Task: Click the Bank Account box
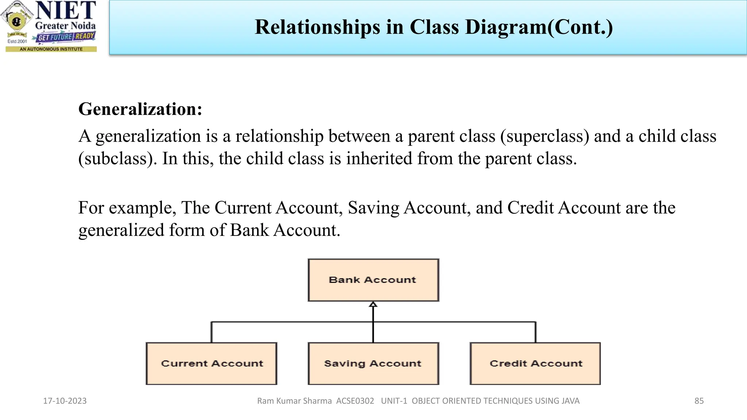(373, 280)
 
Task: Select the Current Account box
(212, 363)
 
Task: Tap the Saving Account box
(373, 363)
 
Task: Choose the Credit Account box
(535, 363)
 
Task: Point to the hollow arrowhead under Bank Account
(373, 304)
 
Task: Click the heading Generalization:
(140, 109)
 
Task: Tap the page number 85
(699, 401)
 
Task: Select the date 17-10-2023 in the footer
(65, 401)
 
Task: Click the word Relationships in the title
(317, 27)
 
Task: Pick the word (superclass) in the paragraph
(545, 136)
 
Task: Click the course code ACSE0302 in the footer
(355, 401)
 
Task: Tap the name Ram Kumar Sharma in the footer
(294, 401)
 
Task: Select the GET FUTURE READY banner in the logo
(66, 37)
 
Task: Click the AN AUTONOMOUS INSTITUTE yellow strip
(51, 49)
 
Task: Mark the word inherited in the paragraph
(379, 159)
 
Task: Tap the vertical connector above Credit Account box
(535, 332)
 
